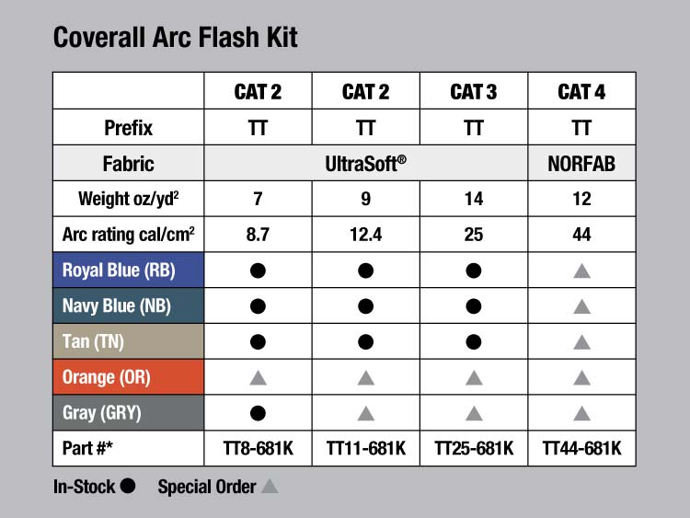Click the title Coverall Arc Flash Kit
point(175,37)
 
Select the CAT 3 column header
point(474,92)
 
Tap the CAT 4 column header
point(581,92)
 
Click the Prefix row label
point(128,128)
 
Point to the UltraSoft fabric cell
point(365,164)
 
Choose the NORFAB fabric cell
point(581,164)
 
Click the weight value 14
point(474,199)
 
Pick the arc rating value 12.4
point(365,235)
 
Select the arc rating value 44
point(581,235)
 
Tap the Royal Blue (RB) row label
point(119,271)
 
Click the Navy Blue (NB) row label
point(117,305)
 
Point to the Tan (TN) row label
point(93,341)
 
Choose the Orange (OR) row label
point(107,377)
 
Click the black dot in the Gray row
point(258,413)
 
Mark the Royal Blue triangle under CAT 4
point(581,271)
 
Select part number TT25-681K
point(474,448)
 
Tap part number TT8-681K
point(258,448)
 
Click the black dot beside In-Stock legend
point(128,486)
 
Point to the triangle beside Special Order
point(270,487)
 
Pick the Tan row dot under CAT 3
point(474,342)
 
